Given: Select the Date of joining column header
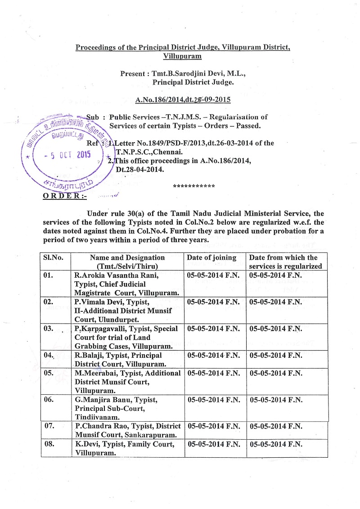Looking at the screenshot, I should [211, 257].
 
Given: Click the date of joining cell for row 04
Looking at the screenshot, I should [213, 355].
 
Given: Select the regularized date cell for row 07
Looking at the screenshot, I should [275, 426].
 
